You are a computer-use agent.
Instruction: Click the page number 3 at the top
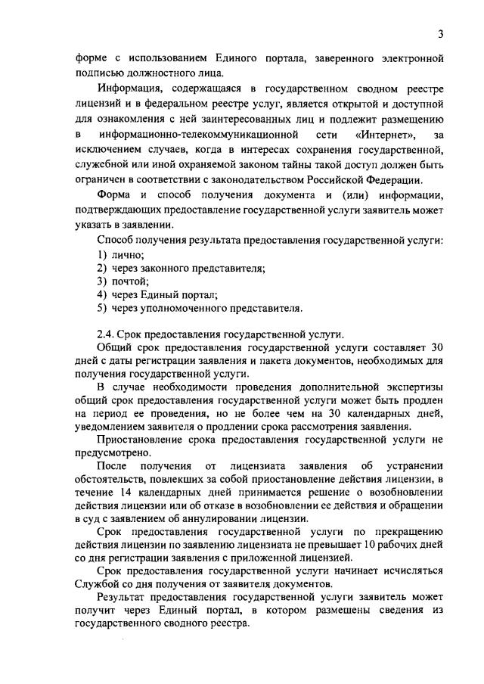439,33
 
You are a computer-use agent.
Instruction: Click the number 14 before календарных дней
126,493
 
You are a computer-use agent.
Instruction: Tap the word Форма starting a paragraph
114,197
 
